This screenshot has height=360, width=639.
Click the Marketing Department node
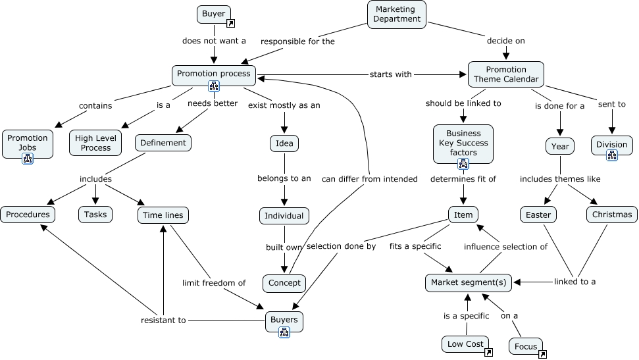point(396,14)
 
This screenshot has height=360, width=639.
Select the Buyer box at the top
point(213,13)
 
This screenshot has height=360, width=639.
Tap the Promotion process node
point(214,73)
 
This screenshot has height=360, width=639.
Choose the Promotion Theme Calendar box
point(505,74)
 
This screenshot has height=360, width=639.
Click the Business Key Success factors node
point(463,143)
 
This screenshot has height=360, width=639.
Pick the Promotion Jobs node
point(28,143)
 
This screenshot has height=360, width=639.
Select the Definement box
point(163,142)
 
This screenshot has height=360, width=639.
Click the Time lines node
point(163,215)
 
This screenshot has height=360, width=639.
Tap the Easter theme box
point(538,215)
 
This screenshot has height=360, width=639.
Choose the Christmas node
point(611,215)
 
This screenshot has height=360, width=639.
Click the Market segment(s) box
point(469,282)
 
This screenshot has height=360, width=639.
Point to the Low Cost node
point(465,344)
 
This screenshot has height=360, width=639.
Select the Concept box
point(284,283)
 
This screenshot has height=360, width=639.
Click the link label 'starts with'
point(390,74)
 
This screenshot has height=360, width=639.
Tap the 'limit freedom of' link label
point(214,283)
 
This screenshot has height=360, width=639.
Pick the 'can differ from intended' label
point(370,178)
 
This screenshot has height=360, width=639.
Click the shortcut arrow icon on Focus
point(542,354)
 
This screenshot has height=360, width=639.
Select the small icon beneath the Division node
point(612,155)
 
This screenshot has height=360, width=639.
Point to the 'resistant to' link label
point(163,321)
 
